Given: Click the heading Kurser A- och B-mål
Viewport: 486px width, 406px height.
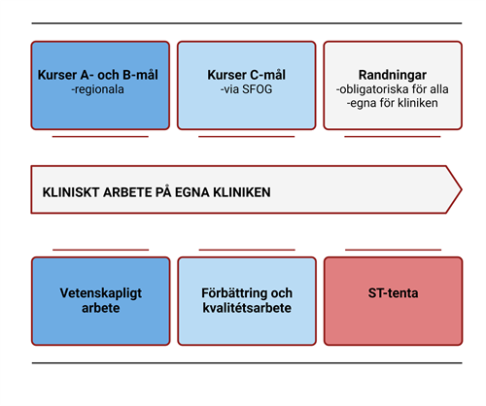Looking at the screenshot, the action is (x=98, y=75).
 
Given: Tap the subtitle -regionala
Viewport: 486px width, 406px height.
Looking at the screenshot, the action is (x=97, y=89).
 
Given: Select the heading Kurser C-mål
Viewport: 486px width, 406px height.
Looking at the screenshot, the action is (x=247, y=75).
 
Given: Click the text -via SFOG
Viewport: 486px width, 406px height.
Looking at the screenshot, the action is (x=246, y=89).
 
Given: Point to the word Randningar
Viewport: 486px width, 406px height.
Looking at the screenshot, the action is (x=393, y=76).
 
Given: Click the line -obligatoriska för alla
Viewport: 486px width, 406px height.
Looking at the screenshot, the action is (x=392, y=89).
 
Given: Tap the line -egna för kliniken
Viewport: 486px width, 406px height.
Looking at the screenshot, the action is (x=392, y=103).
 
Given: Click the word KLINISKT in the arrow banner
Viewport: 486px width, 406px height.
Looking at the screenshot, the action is (x=71, y=192).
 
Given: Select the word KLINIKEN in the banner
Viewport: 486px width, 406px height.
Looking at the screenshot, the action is (x=242, y=192).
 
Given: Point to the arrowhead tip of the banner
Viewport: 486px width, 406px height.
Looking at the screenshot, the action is (x=461, y=189).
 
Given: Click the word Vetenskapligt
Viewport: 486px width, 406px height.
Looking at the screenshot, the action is (x=101, y=293).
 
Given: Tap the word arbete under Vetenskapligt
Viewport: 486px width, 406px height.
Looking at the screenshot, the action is (x=101, y=308).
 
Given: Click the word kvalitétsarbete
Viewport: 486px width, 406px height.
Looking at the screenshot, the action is (x=247, y=308).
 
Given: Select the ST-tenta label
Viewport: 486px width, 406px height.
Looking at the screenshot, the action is (x=393, y=293).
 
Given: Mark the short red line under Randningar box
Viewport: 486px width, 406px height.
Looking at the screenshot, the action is (x=393, y=137).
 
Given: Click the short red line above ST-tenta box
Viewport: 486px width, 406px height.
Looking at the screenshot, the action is (x=393, y=250).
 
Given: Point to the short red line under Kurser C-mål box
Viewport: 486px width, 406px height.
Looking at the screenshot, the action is (x=247, y=137).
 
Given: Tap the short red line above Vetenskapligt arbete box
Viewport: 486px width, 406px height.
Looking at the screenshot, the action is (x=101, y=250).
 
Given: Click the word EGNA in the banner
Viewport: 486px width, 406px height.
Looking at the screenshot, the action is (x=192, y=192).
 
